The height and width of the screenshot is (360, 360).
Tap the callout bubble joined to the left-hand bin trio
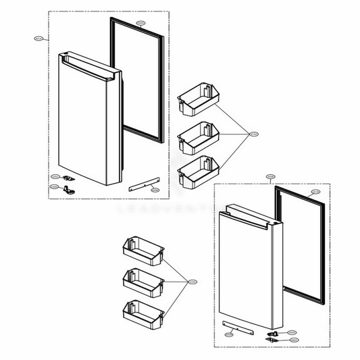[x=192, y=281]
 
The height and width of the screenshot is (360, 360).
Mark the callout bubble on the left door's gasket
[x=140, y=24]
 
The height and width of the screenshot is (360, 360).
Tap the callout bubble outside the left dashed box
[x=38, y=39]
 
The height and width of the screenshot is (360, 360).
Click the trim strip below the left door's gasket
[x=143, y=183]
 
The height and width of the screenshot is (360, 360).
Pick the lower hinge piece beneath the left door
[x=67, y=190]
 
